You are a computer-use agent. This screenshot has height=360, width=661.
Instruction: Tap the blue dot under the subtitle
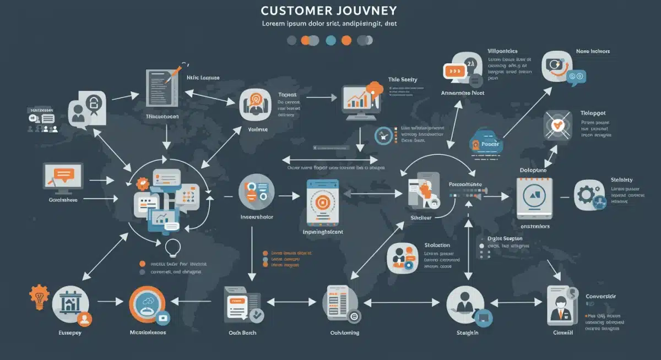pyautogui.click(x=331, y=40)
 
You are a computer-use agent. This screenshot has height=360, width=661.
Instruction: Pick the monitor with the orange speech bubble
pyautogui.click(x=63, y=177)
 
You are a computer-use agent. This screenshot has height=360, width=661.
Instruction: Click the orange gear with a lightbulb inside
pyautogui.click(x=40, y=297)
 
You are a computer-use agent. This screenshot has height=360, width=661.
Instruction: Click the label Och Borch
pyautogui.click(x=242, y=332)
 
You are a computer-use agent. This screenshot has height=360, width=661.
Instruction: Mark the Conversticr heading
pyautogui.click(x=600, y=297)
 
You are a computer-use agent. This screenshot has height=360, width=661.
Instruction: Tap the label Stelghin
pyautogui.click(x=467, y=332)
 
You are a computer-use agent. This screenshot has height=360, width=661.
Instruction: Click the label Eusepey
pyautogui.click(x=71, y=332)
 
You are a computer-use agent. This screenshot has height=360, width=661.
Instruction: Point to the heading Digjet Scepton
pyautogui.click(x=505, y=238)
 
